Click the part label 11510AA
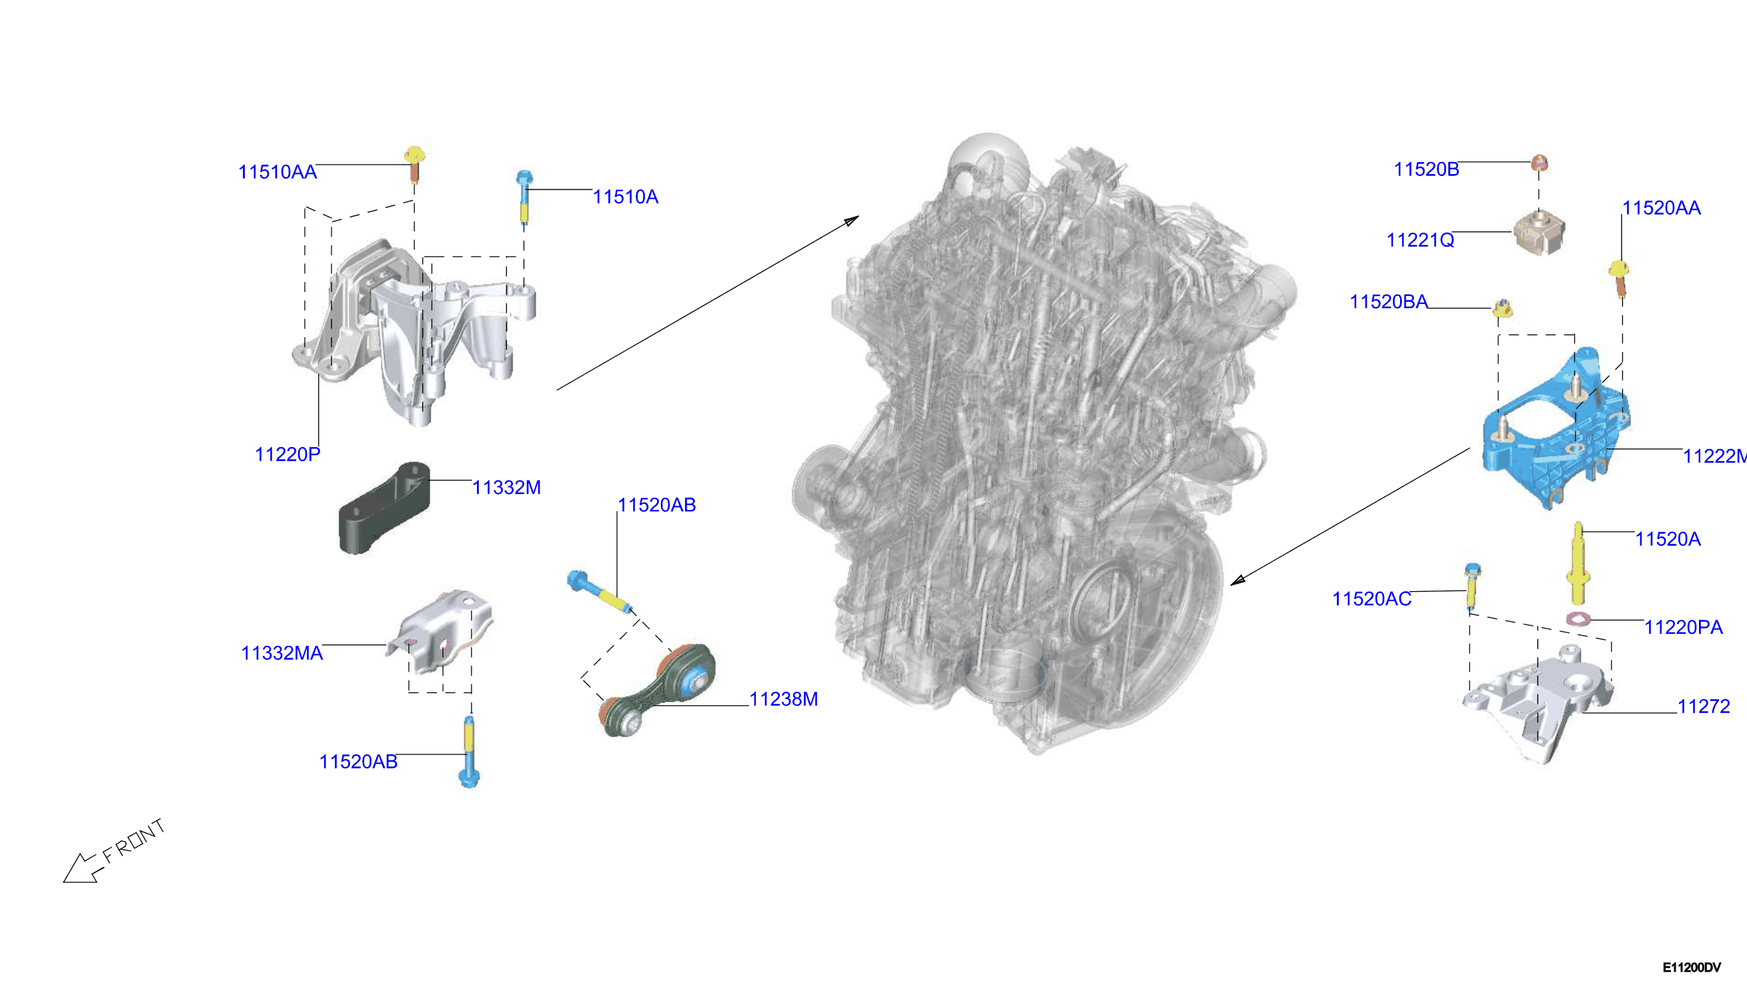pyautogui.click(x=277, y=172)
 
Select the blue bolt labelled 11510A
pyautogui.click(x=524, y=197)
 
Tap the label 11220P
pyautogui.click(x=287, y=455)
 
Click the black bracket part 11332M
pyautogui.click(x=385, y=507)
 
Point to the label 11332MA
pyautogui.click(x=281, y=653)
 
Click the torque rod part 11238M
pyautogui.click(x=657, y=690)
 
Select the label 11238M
pyautogui.click(x=783, y=699)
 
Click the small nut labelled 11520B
pyautogui.click(x=1540, y=163)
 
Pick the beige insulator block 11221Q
pyautogui.click(x=1539, y=233)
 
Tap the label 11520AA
pyautogui.click(x=1662, y=208)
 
